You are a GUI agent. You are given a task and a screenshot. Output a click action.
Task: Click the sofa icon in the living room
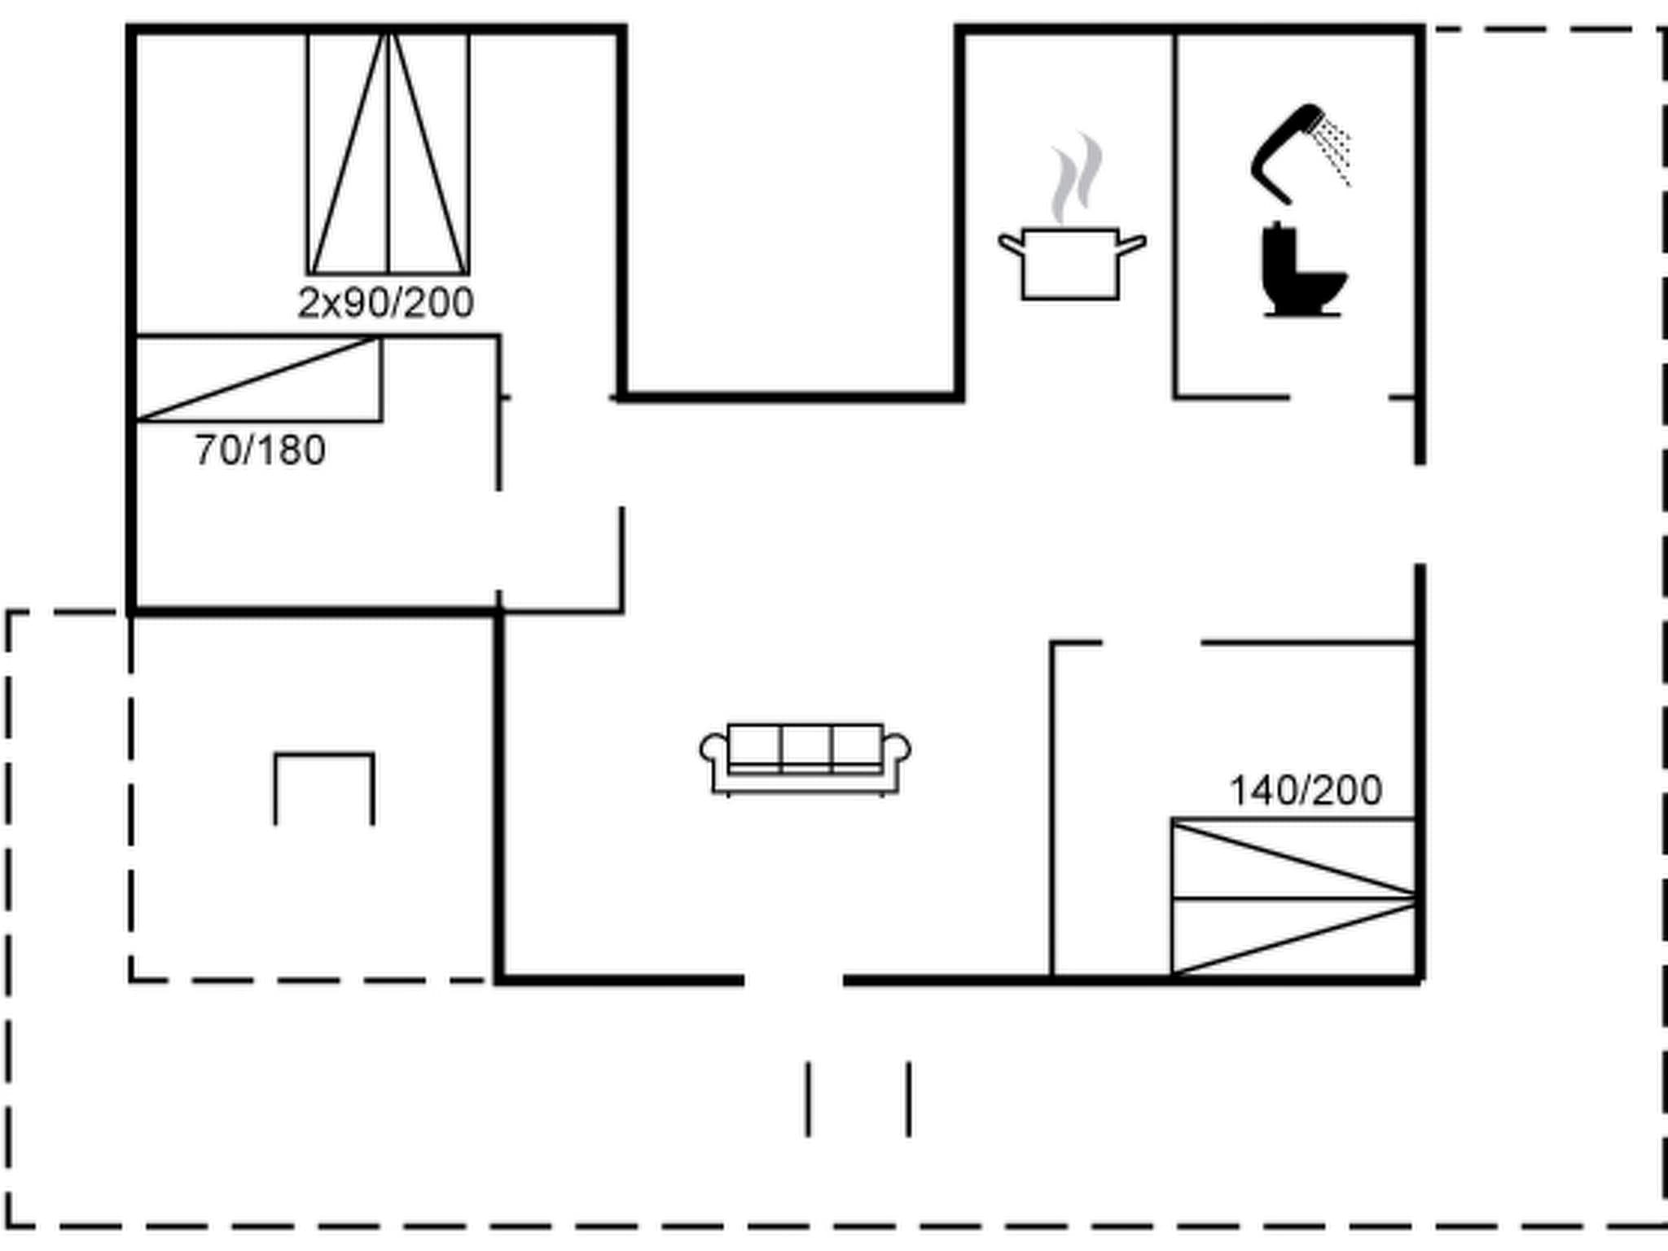tap(805, 757)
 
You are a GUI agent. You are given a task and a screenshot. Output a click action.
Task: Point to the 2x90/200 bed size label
tap(385, 303)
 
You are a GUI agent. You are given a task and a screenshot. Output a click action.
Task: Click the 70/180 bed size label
tap(260, 450)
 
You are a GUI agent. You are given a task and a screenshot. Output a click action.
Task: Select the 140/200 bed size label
tap(1305, 790)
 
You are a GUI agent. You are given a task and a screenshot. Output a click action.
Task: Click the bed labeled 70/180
tap(257, 379)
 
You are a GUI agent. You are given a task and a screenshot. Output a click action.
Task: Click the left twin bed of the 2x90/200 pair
tap(349, 155)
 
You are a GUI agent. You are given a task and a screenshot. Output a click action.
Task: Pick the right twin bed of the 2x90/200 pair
tap(429, 155)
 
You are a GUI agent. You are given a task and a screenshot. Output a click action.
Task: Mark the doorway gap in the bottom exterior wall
tap(793, 979)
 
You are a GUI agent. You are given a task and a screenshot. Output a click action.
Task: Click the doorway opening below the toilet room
tap(1339, 397)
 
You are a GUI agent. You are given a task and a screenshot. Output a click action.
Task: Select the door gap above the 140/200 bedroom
tap(1151, 643)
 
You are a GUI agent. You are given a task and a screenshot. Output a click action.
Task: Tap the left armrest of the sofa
tap(713, 749)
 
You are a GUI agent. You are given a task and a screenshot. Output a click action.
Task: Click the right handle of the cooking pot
tap(1132, 245)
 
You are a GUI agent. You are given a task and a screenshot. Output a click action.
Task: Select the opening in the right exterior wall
tap(1420, 513)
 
